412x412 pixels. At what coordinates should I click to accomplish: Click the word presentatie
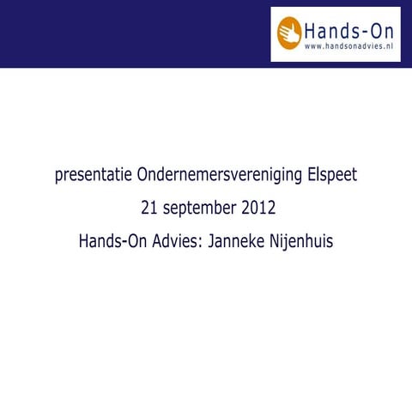pos(92,176)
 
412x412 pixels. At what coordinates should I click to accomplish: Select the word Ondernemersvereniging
pos(219,176)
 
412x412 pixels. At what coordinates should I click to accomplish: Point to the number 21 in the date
pos(148,209)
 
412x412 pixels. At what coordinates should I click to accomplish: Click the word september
pos(200,209)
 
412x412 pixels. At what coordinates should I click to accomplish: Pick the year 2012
pos(259,209)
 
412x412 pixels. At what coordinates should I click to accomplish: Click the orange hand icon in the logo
pos(290,32)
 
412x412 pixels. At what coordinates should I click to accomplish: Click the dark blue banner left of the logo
pos(129,33)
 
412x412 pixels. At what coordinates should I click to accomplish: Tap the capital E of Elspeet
pos(312,176)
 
